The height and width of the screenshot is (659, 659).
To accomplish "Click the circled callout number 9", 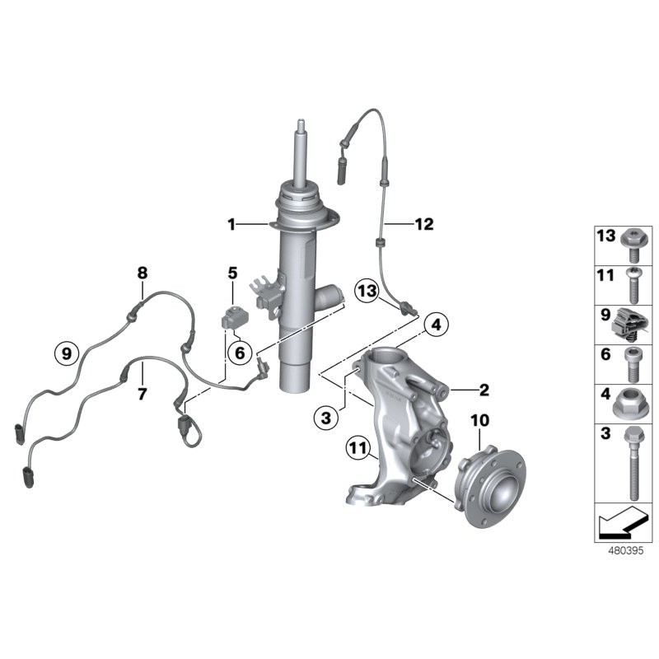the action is click(x=67, y=353).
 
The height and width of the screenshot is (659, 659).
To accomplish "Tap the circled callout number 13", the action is click(x=367, y=291).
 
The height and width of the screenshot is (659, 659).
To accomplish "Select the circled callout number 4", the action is click(x=437, y=325).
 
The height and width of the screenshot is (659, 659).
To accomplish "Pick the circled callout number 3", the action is click(x=326, y=418).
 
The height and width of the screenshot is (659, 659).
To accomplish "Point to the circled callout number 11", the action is click(x=358, y=448).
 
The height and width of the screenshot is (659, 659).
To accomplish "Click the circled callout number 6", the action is click(x=240, y=353).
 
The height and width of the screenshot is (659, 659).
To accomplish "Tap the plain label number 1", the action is click(x=231, y=224).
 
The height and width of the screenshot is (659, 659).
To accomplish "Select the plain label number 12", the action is click(x=424, y=224).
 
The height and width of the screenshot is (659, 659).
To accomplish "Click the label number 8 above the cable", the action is click(x=143, y=273).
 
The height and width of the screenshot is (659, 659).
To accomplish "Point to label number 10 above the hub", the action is click(x=480, y=420).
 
